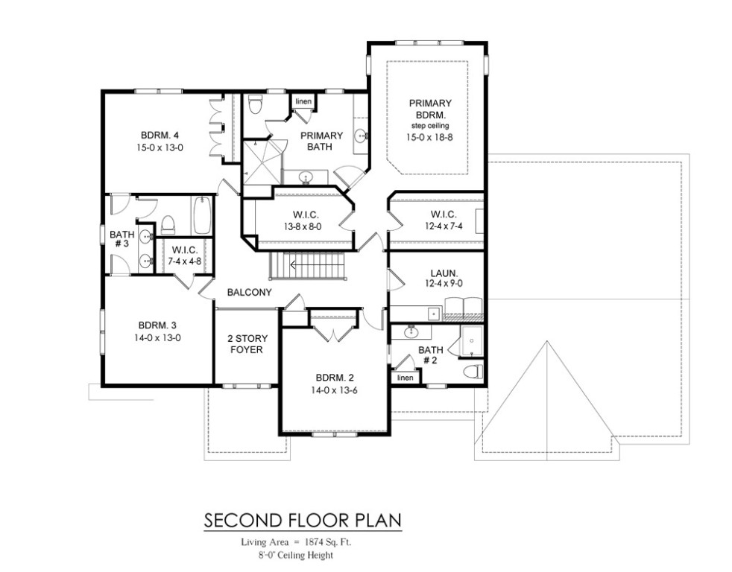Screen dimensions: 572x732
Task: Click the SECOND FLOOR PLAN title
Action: point(303,518)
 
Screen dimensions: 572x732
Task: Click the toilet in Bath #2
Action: point(470,371)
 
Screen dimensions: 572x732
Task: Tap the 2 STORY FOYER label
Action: point(245,343)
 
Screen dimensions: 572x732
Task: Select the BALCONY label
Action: point(250,293)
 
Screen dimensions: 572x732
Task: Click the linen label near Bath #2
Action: point(405,378)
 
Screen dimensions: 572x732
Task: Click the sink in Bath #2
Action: point(410,331)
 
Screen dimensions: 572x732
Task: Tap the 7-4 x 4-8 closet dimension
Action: point(183,261)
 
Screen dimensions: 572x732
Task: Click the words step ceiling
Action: point(428,127)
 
